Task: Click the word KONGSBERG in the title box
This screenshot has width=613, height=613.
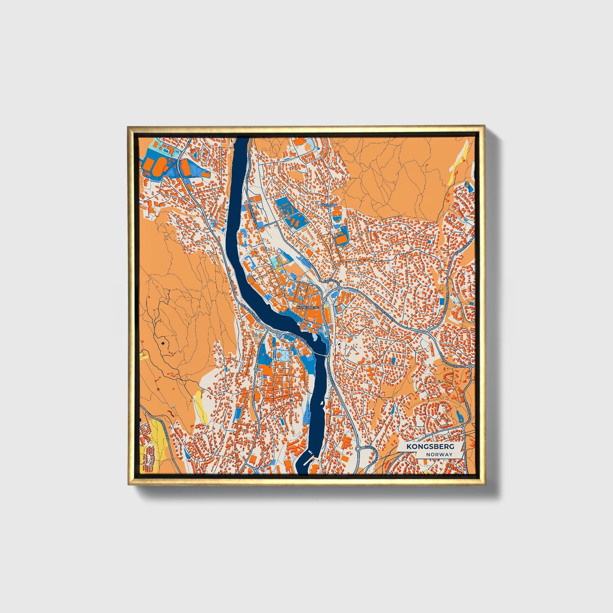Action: (430, 447)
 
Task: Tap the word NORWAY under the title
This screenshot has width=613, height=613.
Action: (439, 454)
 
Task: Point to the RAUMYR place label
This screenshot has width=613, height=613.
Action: (328, 205)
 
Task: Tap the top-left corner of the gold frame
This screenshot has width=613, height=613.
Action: (128, 126)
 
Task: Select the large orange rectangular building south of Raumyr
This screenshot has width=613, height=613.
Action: (341, 239)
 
